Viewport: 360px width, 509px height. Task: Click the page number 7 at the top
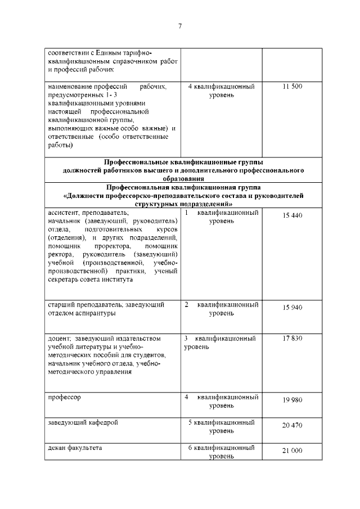pos(180,26)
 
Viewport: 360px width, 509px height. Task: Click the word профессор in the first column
pos(64,397)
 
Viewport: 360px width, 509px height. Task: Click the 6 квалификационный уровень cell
pos(221,452)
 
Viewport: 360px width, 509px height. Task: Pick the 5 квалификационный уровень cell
pos(221,426)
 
